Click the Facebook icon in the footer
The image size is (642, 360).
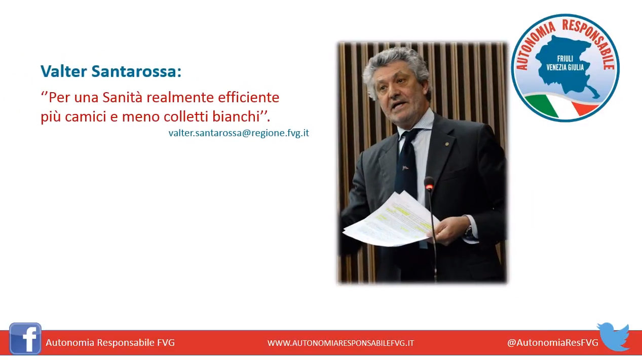(x=25, y=339)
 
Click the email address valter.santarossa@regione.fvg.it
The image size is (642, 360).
(x=239, y=133)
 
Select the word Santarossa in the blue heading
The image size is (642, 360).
(x=136, y=71)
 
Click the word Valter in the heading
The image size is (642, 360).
(x=64, y=71)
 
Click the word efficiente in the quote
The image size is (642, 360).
(x=248, y=97)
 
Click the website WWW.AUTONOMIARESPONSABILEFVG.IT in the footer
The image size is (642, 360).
(x=341, y=343)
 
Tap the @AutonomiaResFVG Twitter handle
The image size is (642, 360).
(x=553, y=342)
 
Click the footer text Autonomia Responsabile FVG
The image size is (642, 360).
(x=110, y=342)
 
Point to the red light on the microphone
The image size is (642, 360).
(x=429, y=186)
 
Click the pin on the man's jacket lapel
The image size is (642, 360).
(x=446, y=143)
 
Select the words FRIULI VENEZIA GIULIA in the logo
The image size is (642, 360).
(x=565, y=63)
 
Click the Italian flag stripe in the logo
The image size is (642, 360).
(x=562, y=106)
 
